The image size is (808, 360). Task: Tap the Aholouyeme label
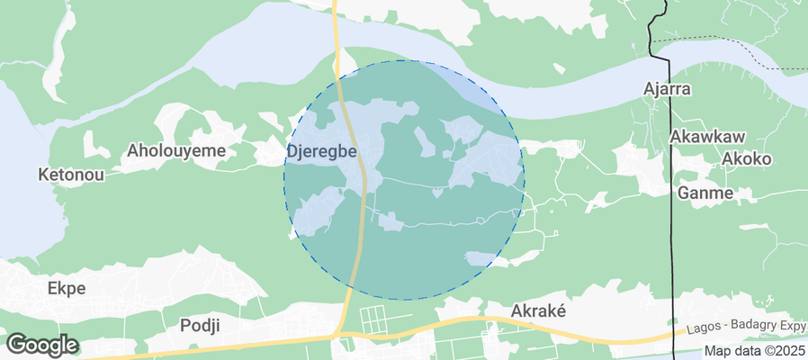point(176,150)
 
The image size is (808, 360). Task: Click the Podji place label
point(200,325)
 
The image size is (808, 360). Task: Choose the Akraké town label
point(537,310)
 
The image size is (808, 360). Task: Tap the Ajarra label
point(667,89)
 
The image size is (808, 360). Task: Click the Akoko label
point(747,158)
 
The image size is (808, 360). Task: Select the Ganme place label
point(705,193)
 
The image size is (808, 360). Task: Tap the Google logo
point(41,345)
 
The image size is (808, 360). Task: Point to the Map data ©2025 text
point(754,351)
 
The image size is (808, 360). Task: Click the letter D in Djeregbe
point(292,151)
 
